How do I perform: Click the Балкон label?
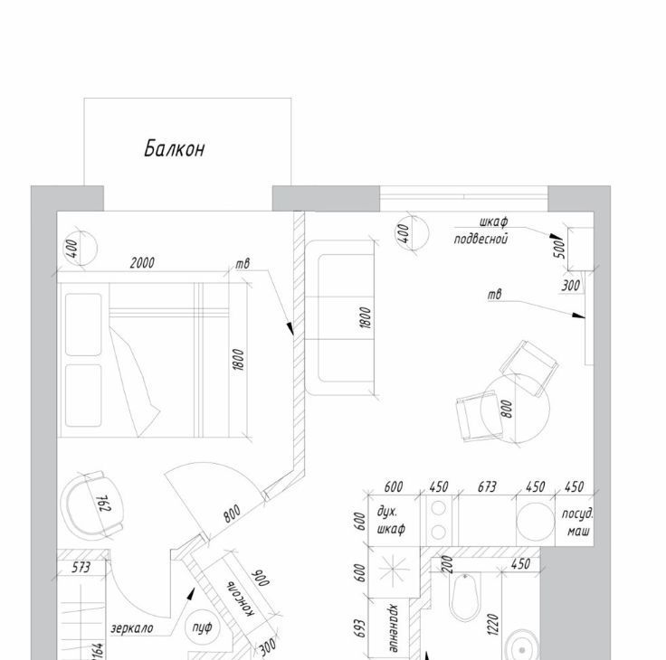pyautogui.click(x=175, y=149)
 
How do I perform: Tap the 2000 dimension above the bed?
pyautogui.click(x=142, y=263)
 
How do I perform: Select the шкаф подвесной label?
pyautogui.click(x=481, y=231)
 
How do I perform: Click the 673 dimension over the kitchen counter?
pyautogui.click(x=487, y=486)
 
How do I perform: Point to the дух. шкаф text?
pyautogui.click(x=391, y=521)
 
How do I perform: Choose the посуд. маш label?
pyautogui.click(x=577, y=522)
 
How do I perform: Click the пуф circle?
pyautogui.click(x=202, y=627)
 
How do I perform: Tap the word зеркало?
pyautogui.click(x=132, y=627)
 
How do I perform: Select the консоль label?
pyautogui.click(x=242, y=599)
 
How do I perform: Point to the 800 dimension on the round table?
pyautogui.click(x=507, y=409)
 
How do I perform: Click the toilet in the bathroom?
pyautogui.click(x=465, y=598)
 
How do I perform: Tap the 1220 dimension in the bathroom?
pyautogui.click(x=492, y=625)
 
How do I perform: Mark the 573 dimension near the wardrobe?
pyautogui.click(x=81, y=568)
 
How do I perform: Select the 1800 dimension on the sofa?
pyautogui.click(x=366, y=318)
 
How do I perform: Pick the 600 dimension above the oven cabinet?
pyautogui.click(x=394, y=486)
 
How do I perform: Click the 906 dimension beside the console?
pyautogui.click(x=261, y=578)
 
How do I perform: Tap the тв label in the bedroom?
pyautogui.click(x=243, y=264)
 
